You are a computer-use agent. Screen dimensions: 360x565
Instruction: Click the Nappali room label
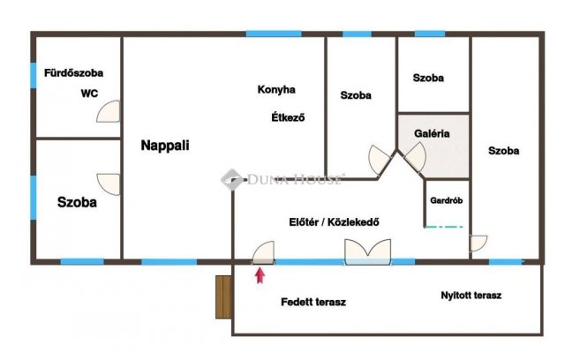[165, 146]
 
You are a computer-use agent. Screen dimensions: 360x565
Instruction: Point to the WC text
[88, 93]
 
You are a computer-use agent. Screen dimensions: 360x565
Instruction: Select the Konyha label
[276, 89]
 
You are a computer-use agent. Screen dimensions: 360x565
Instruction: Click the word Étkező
[288, 117]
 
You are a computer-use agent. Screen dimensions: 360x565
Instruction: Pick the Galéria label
[433, 134]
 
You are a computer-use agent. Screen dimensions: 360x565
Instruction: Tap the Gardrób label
[448, 200]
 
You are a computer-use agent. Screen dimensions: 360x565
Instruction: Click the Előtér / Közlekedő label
[335, 221]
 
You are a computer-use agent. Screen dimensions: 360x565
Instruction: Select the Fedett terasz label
[313, 302]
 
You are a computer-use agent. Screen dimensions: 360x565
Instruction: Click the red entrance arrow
[260, 276]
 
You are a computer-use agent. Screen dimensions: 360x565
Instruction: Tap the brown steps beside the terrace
[223, 296]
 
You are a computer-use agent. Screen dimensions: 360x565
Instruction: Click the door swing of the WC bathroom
[109, 111]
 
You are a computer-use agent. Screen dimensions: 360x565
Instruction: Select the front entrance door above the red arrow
[263, 254]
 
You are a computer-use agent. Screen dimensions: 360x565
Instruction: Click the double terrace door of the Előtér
[368, 254]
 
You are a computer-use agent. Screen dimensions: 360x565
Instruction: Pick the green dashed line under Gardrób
[444, 228]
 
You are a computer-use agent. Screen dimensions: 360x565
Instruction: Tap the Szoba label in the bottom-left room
[77, 202]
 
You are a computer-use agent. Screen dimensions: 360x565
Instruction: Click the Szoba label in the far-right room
[503, 150]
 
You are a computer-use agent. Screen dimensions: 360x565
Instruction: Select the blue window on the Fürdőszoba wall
[34, 74]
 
